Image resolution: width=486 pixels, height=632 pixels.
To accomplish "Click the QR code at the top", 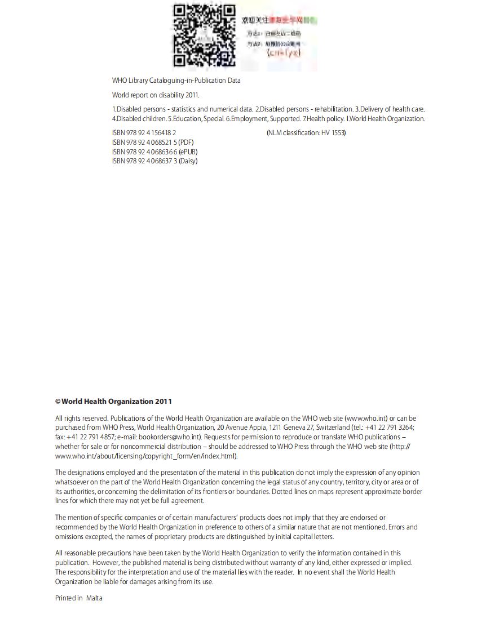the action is pyautogui.click(x=204, y=36).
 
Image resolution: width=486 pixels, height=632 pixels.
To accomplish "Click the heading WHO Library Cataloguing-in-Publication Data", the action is pyautogui.click(x=176, y=81).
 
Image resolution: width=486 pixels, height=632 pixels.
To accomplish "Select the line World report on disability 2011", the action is pyautogui.click(x=156, y=95).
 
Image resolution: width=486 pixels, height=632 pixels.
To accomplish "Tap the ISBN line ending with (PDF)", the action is pyautogui.click(x=153, y=143).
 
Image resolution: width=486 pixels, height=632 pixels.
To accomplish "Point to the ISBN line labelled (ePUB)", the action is pyautogui.click(x=154, y=152).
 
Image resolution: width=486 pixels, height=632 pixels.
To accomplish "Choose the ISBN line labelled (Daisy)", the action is pyautogui.click(x=154, y=161).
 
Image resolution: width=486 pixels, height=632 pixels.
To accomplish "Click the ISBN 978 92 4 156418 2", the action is pyautogui.click(x=144, y=133).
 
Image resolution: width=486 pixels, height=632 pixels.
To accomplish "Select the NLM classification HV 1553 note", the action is pyautogui.click(x=306, y=133).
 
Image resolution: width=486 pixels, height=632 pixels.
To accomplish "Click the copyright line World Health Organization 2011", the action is pyautogui.click(x=113, y=402).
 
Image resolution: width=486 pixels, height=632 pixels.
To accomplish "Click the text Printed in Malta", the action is pyautogui.click(x=79, y=598).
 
